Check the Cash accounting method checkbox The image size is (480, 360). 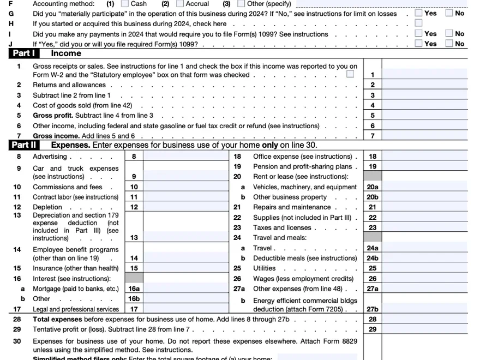point(124,4)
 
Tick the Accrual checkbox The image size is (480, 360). point(179,4)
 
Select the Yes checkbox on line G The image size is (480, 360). point(418,13)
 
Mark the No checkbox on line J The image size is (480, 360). point(449,44)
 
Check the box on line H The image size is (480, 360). point(418,23)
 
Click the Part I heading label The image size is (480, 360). point(24,53)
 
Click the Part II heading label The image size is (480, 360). point(24,145)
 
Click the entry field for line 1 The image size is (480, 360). point(424,75)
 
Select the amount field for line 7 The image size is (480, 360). point(424,136)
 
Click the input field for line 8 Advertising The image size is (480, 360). point(185,157)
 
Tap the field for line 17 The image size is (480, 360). point(185,309)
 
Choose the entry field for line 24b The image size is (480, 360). point(424,258)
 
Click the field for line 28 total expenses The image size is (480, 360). point(424,319)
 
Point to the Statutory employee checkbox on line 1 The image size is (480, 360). point(350,74)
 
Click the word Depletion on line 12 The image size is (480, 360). point(48,207)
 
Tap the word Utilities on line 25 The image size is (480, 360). point(265,268)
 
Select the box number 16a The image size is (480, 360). point(134,289)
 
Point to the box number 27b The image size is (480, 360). point(373,309)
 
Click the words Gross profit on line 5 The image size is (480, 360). point(52,116)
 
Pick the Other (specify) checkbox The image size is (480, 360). point(241,4)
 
